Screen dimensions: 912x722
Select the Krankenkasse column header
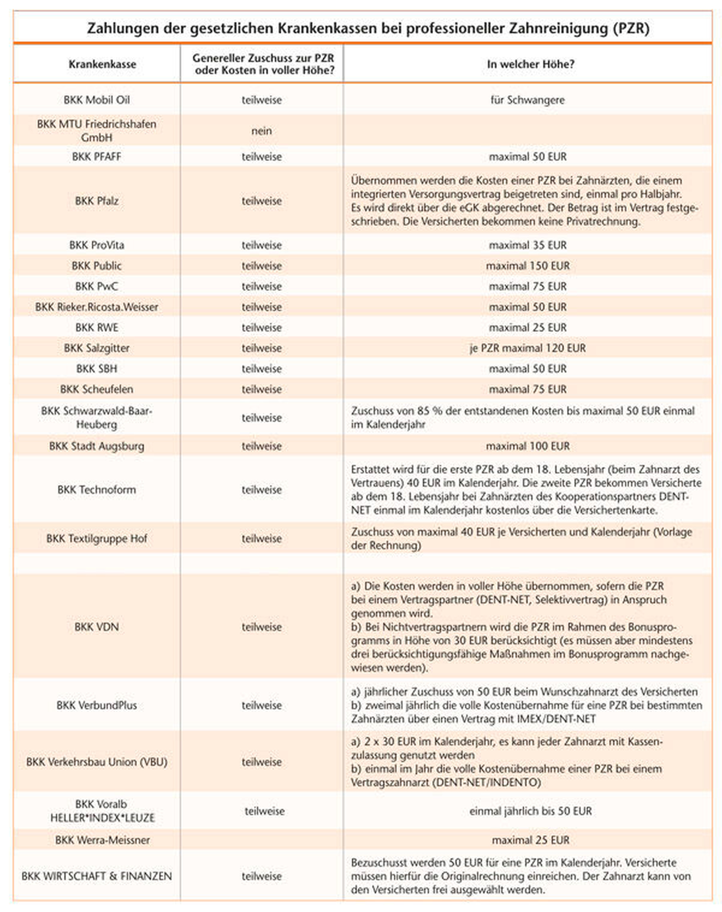(x=102, y=64)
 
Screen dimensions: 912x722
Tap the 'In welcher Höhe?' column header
(x=530, y=64)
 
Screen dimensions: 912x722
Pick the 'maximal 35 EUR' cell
(x=527, y=245)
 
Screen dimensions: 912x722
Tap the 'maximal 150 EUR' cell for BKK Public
(x=527, y=266)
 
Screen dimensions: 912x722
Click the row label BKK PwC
(x=97, y=286)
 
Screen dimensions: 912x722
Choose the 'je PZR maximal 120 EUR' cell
(x=527, y=348)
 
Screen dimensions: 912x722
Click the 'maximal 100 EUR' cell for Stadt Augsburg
(x=527, y=446)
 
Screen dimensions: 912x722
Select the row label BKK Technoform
(x=97, y=489)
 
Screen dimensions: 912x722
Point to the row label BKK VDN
(x=97, y=626)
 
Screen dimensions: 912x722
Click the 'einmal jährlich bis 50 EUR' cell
(x=530, y=811)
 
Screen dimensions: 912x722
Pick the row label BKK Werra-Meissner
(x=102, y=840)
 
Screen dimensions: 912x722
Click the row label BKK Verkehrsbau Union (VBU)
(x=97, y=762)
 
